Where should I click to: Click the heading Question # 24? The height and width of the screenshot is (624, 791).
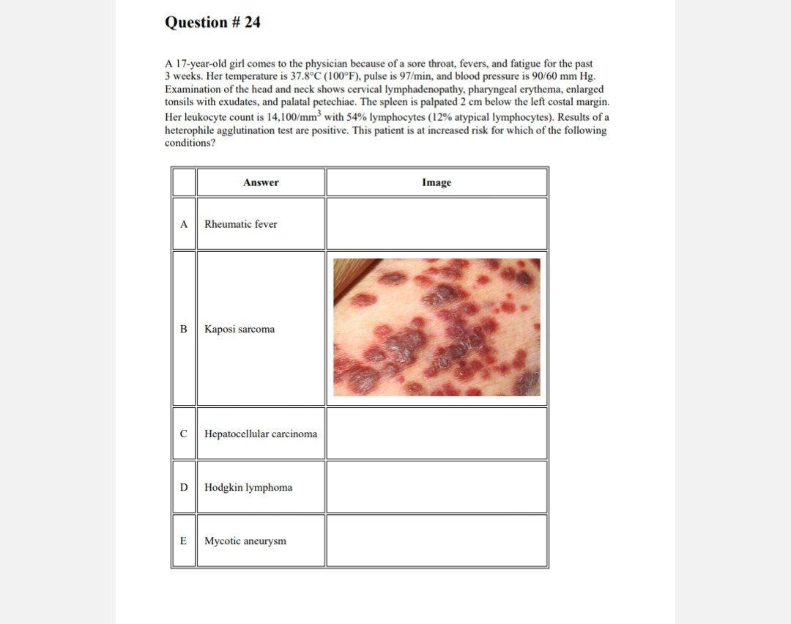click(x=212, y=23)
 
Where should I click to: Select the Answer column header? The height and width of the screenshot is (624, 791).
click(x=261, y=182)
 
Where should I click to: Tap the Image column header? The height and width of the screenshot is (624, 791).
click(x=437, y=182)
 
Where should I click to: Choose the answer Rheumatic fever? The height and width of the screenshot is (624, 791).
click(x=240, y=224)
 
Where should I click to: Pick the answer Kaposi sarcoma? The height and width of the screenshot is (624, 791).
click(x=239, y=329)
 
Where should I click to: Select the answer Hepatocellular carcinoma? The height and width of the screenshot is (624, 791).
click(x=261, y=434)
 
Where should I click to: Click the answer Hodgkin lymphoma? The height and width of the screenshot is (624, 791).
click(x=248, y=487)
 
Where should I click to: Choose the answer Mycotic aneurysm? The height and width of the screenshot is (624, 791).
click(x=245, y=541)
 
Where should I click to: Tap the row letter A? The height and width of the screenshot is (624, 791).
click(x=184, y=224)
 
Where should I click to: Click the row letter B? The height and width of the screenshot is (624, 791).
click(x=184, y=329)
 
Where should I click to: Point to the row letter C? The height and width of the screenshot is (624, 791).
click(x=184, y=434)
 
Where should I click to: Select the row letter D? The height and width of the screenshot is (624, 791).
click(x=184, y=487)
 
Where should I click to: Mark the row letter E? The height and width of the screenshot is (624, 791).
click(x=184, y=541)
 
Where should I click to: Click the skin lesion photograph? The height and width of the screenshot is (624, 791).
click(x=437, y=327)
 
